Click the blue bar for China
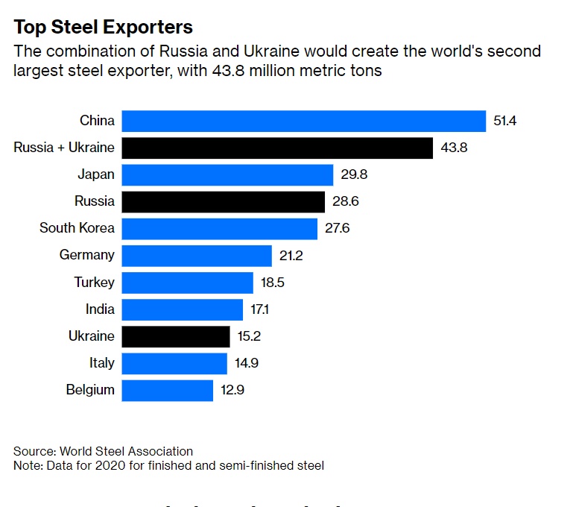coord(304,121)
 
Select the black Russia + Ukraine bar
coord(277,148)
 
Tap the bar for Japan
coord(227,174)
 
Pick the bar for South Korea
coord(220,228)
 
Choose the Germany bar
coord(197,255)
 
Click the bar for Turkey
coord(188,283)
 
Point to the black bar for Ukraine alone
coord(176,336)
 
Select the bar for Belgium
coord(168,390)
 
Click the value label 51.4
coord(504,121)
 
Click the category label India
coord(100,309)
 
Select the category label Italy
coord(102,363)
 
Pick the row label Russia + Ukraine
coord(64,148)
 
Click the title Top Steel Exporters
coord(104,28)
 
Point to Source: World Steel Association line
coord(104,451)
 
